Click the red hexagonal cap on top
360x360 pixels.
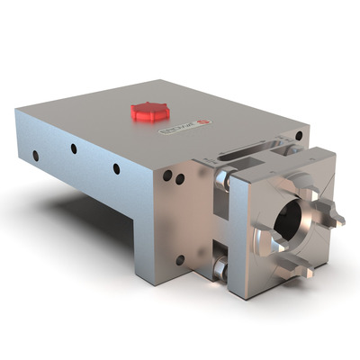[149, 111]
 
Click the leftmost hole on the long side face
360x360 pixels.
[35, 155]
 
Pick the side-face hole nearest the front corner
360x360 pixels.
[116, 168]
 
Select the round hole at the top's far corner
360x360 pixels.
[298, 135]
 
